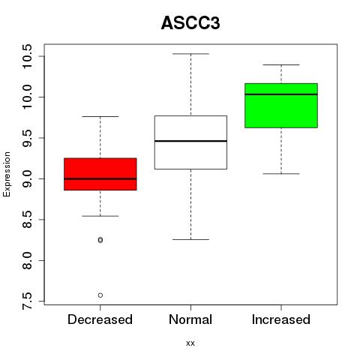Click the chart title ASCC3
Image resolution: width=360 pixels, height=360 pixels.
[x=190, y=23]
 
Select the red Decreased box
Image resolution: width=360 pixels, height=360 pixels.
[x=100, y=174]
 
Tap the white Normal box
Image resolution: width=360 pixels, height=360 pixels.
[x=190, y=142]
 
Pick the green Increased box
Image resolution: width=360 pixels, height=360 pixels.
[x=281, y=106]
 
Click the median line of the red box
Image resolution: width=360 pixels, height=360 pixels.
[x=100, y=178]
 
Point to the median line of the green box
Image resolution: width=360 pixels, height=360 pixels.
[x=281, y=94]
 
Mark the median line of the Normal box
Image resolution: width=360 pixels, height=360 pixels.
[x=190, y=141]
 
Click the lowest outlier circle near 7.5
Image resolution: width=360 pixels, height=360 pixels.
[x=100, y=295]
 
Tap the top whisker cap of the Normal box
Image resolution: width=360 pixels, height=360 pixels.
[x=190, y=54]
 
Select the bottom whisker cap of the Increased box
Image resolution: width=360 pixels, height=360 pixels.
[x=281, y=173]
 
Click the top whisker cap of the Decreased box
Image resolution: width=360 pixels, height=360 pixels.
[x=100, y=116]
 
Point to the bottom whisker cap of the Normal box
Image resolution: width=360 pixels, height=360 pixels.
[x=190, y=239]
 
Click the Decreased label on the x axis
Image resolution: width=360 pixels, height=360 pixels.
[x=100, y=319]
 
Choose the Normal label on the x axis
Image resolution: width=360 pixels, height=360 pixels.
[x=190, y=319]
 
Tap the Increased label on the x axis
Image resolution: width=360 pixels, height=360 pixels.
[x=281, y=319]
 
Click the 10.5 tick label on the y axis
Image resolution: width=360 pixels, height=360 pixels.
[x=27, y=56]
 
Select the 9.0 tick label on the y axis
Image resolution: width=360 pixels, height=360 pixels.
[x=27, y=178]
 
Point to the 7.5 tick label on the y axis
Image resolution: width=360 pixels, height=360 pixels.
[x=27, y=301]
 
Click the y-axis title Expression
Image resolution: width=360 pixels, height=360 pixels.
[x=7, y=174]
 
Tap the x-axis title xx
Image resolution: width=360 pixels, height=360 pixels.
[x=190, y=343]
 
